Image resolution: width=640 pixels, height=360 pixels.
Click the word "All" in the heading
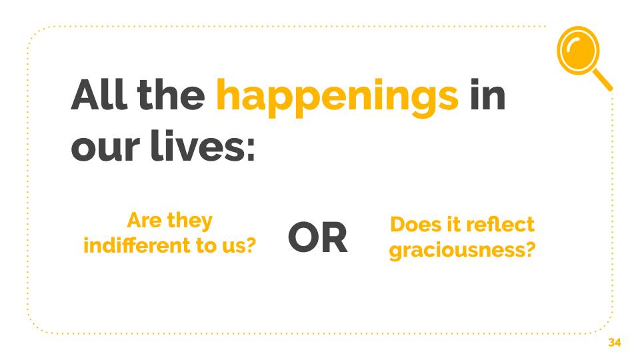[x=99, y=94]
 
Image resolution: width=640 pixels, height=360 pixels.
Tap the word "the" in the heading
[x=171, y=94]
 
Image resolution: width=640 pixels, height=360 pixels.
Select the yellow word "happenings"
[x=337, y=98]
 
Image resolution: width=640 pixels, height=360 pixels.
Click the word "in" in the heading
[x=487, y=94]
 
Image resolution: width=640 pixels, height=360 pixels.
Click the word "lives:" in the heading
[x=203, y=145]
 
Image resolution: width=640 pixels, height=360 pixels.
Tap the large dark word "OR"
[x=317, y=237]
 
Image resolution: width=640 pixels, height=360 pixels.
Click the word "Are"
[x=145, y=221]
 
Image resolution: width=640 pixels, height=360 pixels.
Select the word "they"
[x=190, y=221]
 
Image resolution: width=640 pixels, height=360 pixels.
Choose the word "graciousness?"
[x=462, y=250]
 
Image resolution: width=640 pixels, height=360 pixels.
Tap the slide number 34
[x=614, y=342]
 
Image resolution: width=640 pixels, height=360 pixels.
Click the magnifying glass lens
[x=579, y=50]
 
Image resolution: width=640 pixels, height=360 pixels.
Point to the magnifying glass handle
[x=603, y=79]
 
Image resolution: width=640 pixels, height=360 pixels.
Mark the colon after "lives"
[x=251, y=149]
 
